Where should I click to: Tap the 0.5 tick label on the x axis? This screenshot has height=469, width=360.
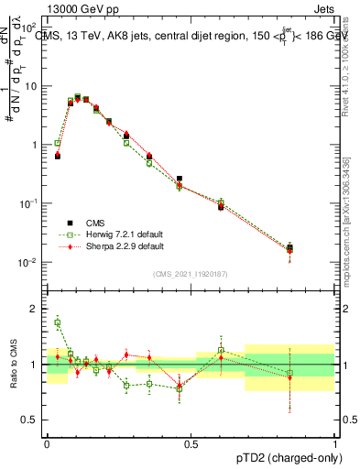tap(191, 443)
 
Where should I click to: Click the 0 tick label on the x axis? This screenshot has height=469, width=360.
tap(47, 443)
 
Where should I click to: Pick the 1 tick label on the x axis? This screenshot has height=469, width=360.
tap(335, 443)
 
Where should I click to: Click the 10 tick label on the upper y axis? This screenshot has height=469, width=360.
tap(31, 86)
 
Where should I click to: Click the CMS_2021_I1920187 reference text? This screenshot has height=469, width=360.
tap(191, 274)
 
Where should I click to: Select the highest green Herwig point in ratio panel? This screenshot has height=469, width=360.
tap(58, 322)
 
